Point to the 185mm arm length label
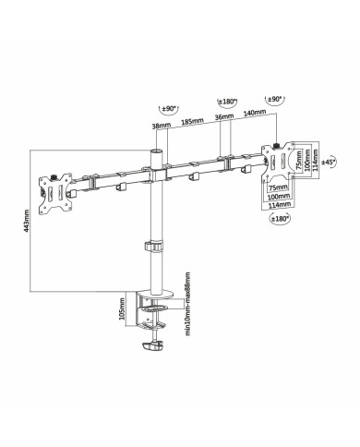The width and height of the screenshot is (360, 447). (192, 121)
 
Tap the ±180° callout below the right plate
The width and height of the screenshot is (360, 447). (280, 219)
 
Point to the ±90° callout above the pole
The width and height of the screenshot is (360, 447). (168, 109)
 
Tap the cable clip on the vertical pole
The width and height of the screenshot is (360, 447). (152, 248)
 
